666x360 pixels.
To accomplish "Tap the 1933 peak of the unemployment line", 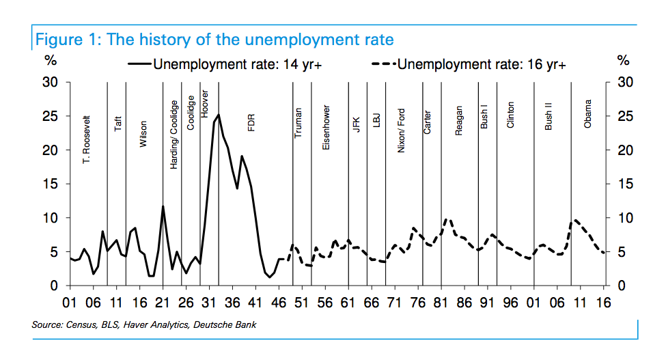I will click(x=219, y=115).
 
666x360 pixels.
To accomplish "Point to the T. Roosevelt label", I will click(x=86, y=142).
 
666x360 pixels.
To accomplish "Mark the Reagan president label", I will click(x=459, y=120).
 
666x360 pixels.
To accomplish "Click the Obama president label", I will click(x=587, y=113).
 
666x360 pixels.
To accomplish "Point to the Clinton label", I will click(x=510, y=115).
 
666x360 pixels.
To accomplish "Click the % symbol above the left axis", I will click(x=50, y=61).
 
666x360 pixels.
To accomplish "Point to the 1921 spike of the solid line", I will click(x=163, y=206).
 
